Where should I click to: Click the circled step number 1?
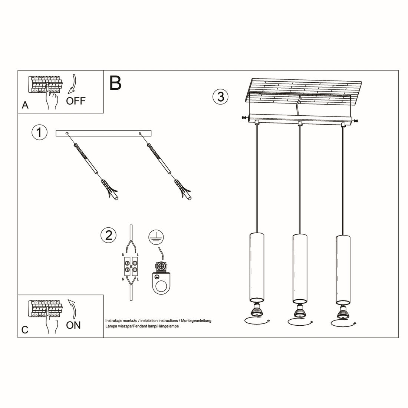tap(39, 133)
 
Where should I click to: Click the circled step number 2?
tap(108, 236)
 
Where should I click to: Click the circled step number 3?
tap(220, 96)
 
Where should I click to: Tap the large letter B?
tap(115, 83)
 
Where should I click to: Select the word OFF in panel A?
tap(76, 101)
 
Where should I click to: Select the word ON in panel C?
tap(73, 325)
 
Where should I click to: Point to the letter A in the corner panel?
tap(25, 105)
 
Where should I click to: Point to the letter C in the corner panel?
tap(25, 330)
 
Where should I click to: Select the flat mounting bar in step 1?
tap(103, 133)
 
